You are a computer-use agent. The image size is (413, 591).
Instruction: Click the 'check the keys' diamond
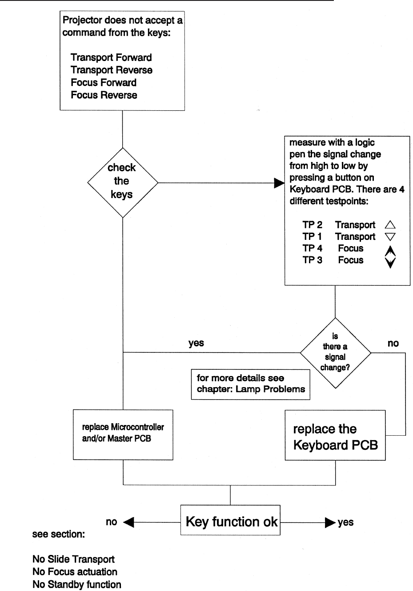[122, 182]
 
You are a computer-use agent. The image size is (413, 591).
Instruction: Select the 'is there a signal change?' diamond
[335, 352]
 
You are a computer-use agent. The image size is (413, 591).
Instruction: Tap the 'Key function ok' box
[231, 522]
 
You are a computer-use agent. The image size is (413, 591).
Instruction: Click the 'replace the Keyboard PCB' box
[335, 437]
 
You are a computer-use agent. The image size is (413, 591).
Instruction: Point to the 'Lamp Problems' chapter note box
[251, 384]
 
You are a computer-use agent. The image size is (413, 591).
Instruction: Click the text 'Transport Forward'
[111, 58]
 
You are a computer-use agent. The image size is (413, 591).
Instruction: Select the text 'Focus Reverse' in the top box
[104, 95]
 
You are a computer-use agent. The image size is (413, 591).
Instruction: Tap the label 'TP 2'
[312, 225]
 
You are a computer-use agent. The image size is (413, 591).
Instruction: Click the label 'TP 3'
[312, 260]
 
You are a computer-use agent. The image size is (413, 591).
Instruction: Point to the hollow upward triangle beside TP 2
[390, 225]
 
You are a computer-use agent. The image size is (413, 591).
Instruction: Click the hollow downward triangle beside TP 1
[390, 237]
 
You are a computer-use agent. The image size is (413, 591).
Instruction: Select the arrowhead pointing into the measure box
[279, 182]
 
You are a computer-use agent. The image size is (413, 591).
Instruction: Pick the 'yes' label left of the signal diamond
[196, 343]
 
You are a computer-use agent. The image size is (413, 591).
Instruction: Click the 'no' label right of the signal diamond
[393, 344]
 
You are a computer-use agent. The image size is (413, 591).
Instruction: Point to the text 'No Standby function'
[76, 584]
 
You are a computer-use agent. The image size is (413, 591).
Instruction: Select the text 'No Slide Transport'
[73, 559]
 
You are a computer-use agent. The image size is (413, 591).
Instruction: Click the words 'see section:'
[58, 534]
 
